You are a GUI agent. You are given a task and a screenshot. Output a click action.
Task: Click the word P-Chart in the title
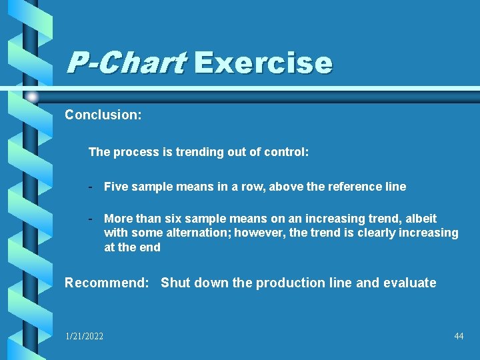point(125,63)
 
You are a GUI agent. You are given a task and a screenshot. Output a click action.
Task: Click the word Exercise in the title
point(263,63)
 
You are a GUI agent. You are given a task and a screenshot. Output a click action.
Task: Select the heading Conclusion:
point(103,115)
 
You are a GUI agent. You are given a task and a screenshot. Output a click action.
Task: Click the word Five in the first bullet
point(115,187)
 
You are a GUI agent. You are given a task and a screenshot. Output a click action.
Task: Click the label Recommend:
point(107,283)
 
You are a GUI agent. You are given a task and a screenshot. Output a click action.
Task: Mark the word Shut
point(175,283)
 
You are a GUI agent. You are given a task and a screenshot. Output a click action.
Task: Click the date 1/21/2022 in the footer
point(84,337)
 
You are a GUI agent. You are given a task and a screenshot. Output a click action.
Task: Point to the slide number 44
point(459,337)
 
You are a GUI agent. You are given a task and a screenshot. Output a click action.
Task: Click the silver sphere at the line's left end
point(32,97)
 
